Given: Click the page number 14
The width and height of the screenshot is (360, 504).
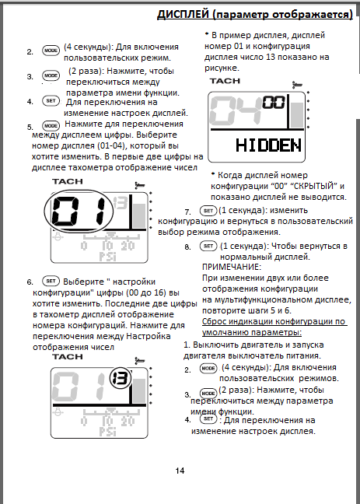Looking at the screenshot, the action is [180, 471].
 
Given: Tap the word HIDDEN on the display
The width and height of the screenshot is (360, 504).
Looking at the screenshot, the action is [269, 145].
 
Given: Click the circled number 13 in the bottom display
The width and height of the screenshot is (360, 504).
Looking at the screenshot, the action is [121, 378].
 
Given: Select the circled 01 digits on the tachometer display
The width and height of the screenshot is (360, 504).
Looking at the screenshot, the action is [79, 210].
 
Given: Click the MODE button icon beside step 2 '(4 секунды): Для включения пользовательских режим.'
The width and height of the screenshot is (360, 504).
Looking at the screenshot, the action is [51, 51].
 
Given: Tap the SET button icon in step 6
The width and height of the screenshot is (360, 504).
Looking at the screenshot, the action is [51, 281].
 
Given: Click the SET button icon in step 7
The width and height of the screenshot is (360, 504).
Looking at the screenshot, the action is [208, 211].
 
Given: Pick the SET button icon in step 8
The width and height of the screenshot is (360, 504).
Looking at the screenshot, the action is [208, 246].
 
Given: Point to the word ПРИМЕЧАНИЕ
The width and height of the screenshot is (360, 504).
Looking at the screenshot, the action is [232, 267].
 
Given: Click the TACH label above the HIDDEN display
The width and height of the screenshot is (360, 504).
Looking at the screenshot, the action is [225, 81].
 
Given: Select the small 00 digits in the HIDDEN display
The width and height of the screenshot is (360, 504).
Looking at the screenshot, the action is [274, 103].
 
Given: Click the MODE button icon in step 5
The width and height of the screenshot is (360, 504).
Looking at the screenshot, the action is [51, 126].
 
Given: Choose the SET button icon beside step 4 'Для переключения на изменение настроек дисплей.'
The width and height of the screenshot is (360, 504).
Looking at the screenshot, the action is [51, 101].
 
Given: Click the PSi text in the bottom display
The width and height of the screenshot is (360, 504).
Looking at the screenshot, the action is [107, 432].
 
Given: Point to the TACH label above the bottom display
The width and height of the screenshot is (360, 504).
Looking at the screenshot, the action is [68, 357].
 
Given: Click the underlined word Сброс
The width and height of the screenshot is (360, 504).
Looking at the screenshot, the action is [214, 321].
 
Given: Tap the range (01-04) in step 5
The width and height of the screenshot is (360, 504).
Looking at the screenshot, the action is [110, 146].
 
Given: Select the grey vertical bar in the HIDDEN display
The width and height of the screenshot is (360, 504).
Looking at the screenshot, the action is [297, 115].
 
